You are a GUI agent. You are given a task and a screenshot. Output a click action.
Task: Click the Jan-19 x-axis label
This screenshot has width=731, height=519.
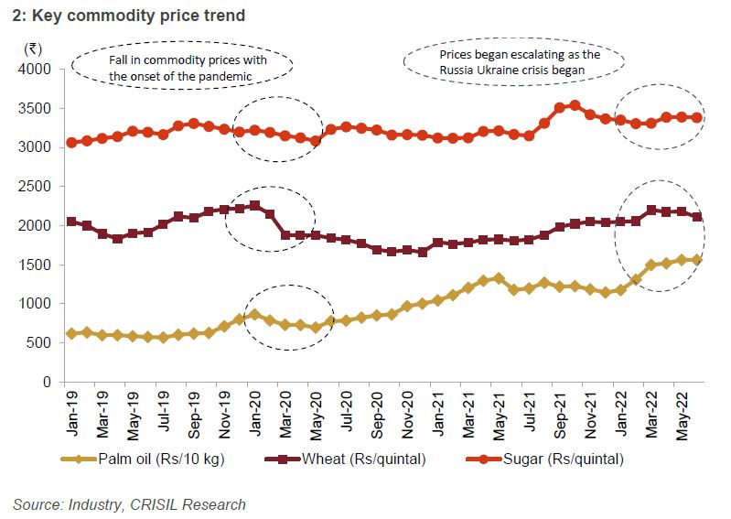(72, 410)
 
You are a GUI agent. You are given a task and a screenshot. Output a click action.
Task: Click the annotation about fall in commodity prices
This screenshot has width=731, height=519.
(181, 66)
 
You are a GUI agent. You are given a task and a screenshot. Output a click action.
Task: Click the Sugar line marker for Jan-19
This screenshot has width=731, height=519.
(72, 143)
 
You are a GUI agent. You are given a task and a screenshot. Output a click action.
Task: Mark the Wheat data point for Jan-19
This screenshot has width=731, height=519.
(72, 222)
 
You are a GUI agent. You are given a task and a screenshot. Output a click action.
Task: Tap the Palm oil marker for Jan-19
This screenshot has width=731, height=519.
(72, 333)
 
